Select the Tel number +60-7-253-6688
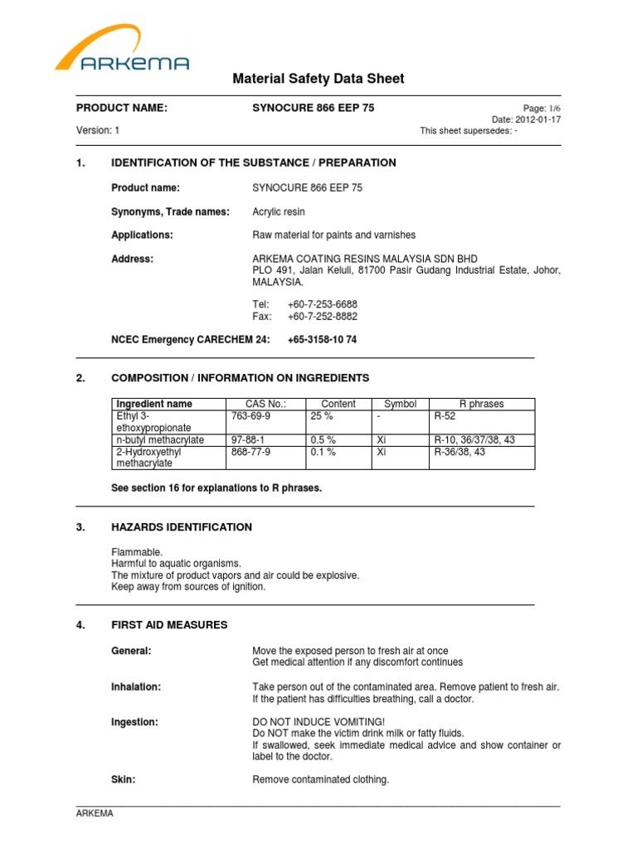(323, 304)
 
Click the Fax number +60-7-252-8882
(323, 317)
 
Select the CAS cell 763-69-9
(250, 416)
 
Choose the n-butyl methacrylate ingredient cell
(160, 440)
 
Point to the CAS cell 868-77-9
(250, 453)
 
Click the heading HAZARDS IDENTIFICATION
(182, 527)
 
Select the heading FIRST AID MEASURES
(169, 624)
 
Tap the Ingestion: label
(134, 722)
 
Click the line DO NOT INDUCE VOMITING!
(318, 722)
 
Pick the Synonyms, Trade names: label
(170, 211)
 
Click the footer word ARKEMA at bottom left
(95, 814)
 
